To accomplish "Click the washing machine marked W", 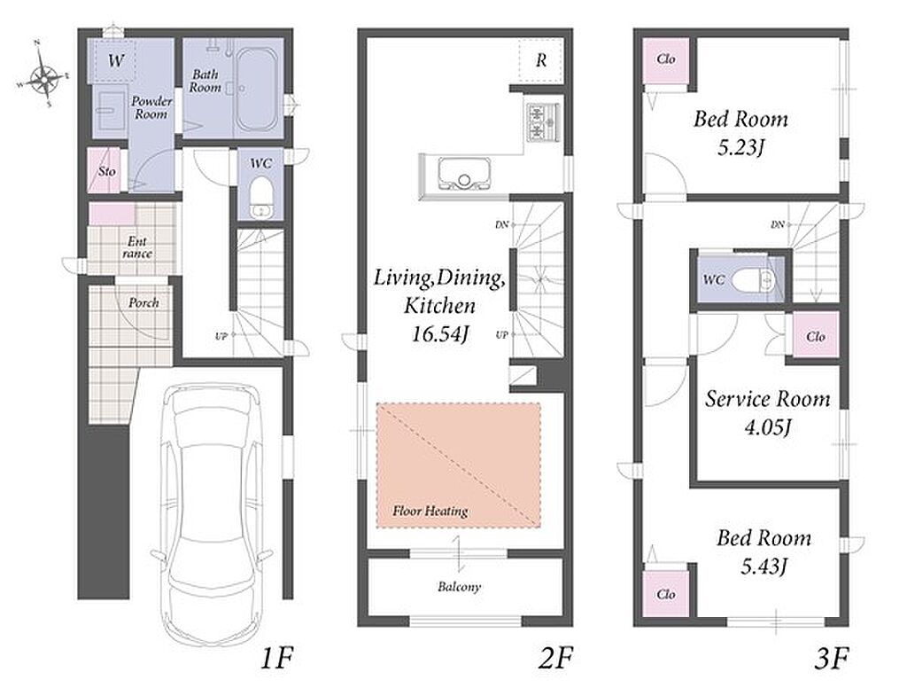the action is coord(114,59).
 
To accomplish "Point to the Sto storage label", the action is coord(106,171).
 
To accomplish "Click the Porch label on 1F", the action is coord(143,303).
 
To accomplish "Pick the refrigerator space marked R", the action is coord(541,59).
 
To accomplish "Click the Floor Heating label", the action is coord(430,511).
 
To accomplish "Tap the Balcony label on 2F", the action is coord(460,587).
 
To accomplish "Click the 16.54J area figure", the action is coord(439,333).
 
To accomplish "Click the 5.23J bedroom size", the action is coord(741,148).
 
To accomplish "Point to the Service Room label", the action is coord(767,399).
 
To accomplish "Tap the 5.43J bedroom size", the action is coord(764,566).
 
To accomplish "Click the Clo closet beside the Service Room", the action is coord(816,336).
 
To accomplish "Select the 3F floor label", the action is coord(832,659).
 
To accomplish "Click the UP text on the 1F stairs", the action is coord(221,336).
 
